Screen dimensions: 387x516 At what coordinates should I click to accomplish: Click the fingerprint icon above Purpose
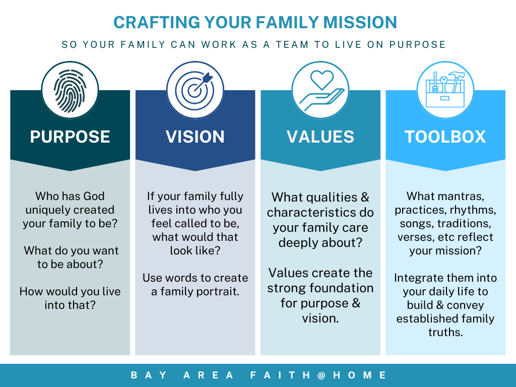point(70,90)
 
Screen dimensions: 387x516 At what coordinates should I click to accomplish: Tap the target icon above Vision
point(196,90)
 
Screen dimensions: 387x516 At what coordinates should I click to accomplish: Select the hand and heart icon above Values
point(320,90)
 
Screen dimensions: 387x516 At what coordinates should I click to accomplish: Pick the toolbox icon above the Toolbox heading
point(445,90)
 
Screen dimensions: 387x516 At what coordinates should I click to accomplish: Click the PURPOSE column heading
point(70,137)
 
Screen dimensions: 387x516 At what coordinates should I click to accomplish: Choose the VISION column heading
point(196,137)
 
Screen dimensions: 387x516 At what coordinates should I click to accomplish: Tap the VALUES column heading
point(320,137)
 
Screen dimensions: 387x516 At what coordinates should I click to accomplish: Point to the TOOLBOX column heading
point(445,137)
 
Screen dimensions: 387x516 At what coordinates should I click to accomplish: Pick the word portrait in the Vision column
point(217,291)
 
